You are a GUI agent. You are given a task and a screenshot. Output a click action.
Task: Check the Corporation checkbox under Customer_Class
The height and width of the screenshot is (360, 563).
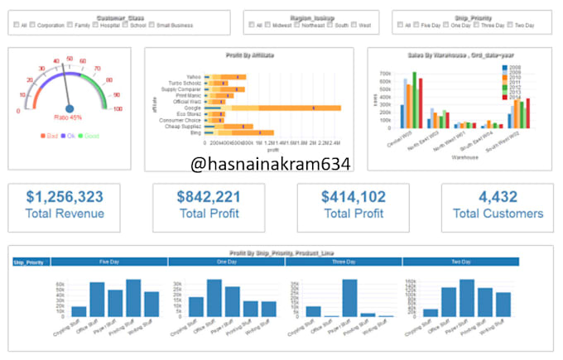click(x=32, y=25)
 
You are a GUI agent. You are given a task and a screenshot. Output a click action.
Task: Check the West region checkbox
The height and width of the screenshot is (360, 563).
click(x=354, y=25)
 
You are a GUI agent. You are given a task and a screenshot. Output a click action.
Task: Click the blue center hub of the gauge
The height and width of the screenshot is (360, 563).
click(x=70, y=108)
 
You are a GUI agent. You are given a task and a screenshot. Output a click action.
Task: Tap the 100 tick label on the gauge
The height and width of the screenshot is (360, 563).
click(x=118, y=108)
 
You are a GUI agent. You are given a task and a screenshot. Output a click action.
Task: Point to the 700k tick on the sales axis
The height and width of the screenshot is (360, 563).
click(x=386, y=73)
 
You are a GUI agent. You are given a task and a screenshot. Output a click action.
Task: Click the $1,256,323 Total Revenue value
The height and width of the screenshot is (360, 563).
click(x=65, y=197)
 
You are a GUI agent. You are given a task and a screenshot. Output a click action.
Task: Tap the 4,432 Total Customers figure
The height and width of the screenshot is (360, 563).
click(x=498, y=197)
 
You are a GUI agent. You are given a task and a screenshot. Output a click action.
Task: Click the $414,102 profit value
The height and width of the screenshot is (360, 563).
click(x=354, y=197)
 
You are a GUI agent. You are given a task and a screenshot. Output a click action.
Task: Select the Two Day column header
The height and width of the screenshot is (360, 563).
click(x=460, y=262)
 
